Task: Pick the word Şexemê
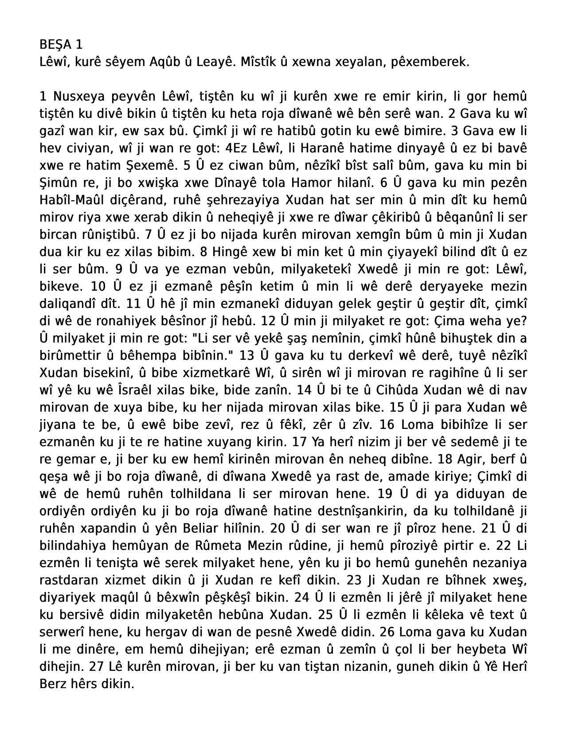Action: click(152, 166)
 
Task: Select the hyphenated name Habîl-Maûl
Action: click(76, 200)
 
